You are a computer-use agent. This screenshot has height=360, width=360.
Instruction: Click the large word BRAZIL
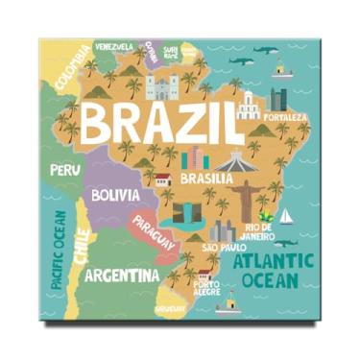tap(158, 121)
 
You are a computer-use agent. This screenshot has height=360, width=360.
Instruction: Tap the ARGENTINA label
tap(122, 276)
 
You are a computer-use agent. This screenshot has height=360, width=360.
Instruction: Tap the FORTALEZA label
tap(289, 117)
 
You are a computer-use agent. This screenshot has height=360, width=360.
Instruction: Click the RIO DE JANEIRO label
tap(258, 231)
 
